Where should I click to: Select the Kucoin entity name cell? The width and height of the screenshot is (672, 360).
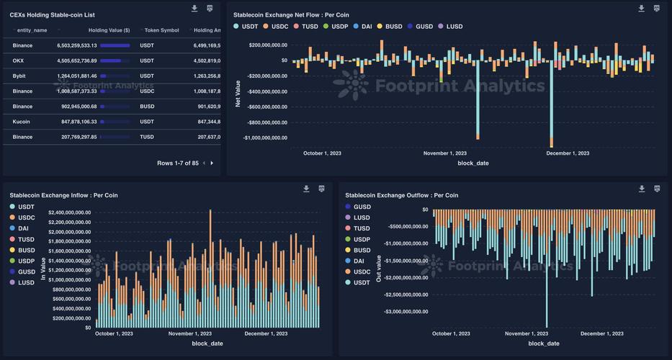click(22, 122)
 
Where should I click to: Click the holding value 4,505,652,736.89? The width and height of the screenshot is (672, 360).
click(77, 60)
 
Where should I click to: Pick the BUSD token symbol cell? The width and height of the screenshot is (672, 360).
click(147, 107)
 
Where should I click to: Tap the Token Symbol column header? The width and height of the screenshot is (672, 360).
click(161, 30)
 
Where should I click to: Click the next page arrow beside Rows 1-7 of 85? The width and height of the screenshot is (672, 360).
click(212, 163)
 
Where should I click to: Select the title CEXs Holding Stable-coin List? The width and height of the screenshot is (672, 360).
click(52, 14)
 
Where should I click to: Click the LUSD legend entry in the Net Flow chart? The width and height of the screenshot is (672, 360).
click(454, 27)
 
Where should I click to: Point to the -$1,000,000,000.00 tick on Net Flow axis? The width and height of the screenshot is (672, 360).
click(265, 138)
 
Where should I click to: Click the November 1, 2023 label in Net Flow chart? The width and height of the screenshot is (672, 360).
click(444, 153)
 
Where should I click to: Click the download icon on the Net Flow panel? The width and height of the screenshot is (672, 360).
click(641, 9)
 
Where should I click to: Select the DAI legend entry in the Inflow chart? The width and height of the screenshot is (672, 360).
click(24, 228)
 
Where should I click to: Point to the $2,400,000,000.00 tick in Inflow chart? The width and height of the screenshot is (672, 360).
click(70, 212)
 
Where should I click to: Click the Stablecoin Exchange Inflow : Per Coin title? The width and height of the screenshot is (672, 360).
click(63, 195)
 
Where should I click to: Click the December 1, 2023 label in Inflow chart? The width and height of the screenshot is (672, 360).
click(266, 333)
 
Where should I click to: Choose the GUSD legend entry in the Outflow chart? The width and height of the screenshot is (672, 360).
click(362, 207)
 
